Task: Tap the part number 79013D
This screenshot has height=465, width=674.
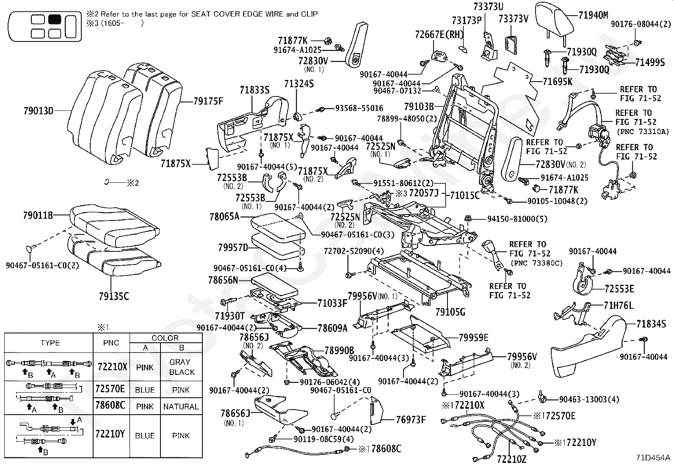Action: click(38, 111)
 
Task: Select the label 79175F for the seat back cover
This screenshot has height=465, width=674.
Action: click(208, 102)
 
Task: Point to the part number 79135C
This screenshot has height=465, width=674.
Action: click(114, 297)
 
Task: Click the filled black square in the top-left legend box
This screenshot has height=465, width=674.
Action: click(55, 19)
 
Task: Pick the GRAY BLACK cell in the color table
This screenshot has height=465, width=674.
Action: click(182, 367)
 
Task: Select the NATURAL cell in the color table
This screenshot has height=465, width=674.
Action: click(181, 407)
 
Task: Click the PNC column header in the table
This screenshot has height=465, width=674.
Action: click(111, 343)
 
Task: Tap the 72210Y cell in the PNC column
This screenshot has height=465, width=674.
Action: click(110, 434)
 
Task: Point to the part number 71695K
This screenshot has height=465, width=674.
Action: click(558, 82)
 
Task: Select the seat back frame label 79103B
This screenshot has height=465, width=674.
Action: click(419, 107)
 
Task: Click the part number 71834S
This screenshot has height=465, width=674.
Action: click(651, 324)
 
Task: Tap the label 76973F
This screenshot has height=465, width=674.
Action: click(411, 420)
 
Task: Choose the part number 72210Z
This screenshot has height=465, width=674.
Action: click(511, 459)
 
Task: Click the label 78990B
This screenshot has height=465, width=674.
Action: click(339, 351)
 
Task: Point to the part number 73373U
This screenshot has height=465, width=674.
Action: click(488, 7)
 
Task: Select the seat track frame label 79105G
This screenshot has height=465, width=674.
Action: click(450, 312)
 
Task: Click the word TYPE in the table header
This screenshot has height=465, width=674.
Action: click(50, 343)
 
